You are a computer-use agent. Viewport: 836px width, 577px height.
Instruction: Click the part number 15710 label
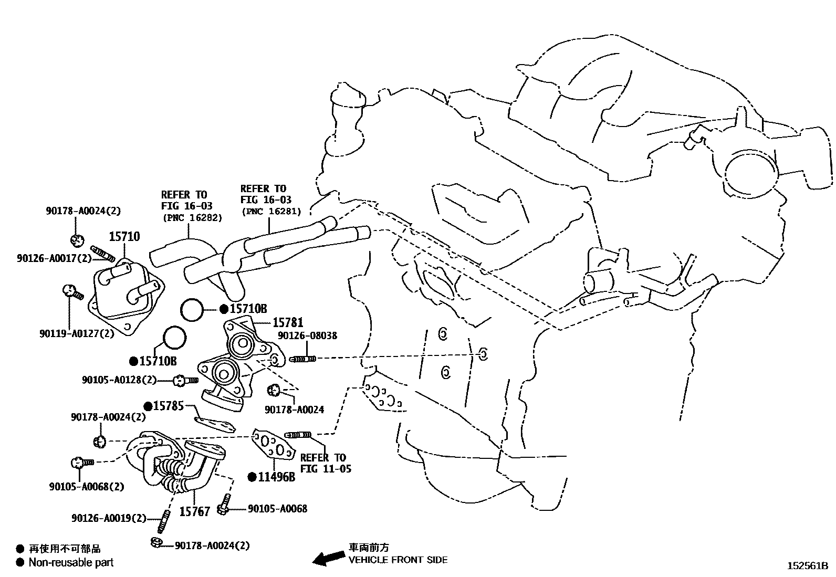[124, 236]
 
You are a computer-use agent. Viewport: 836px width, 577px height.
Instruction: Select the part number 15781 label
[288, 322]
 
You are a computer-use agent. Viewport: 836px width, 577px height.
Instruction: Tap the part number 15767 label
[194, 511]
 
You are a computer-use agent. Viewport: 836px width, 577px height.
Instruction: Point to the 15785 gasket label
[169, 406]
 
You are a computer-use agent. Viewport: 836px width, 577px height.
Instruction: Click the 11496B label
[277, 477]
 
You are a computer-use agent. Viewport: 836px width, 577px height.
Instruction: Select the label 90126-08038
[307, 335]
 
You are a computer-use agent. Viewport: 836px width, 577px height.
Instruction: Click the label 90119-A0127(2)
[77, 333]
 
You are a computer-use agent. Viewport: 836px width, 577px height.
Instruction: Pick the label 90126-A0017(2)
[54, 258]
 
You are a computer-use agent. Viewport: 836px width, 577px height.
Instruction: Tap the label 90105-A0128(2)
[119, 380]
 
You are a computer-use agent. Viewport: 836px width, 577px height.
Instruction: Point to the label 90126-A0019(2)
[109, 518]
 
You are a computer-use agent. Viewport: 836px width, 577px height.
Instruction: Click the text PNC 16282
[193, 217]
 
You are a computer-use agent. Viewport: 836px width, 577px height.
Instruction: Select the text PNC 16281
[271, 211]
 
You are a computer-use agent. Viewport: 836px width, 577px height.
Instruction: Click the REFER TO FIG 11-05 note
[326, 463]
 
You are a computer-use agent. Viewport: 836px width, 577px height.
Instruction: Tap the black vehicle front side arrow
[328, 558]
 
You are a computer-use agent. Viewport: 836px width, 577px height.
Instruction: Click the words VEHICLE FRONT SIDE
[398, 560]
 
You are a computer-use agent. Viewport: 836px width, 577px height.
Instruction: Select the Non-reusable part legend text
[71, 562]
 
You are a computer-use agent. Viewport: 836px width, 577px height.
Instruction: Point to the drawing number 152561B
[808, 566]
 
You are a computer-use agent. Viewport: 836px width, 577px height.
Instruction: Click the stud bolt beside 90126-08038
[302, 359]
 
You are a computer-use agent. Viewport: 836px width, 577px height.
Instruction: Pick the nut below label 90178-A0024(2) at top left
[77, 241]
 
